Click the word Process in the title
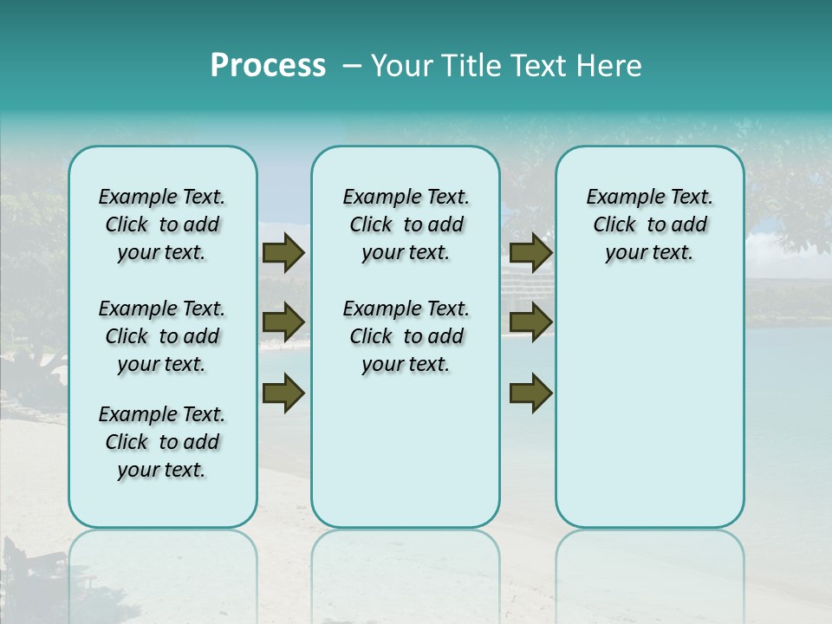coord(268,65)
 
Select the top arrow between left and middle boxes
coord(283,253)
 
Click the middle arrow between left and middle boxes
coord(283,323)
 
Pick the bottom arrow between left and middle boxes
coord(283,393)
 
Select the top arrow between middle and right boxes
coord(530,253)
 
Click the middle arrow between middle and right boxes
coord(530,323)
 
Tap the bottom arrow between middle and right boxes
coord(530,393)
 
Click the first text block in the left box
coord(162,224)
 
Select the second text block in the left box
coord(162,336)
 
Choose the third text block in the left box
coord(162,442)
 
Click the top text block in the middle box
coord(406,224)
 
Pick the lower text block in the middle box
coord(406,336)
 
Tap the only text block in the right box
coord(649,224)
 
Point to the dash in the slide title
coord(352,66)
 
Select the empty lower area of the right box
coord(649,399)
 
